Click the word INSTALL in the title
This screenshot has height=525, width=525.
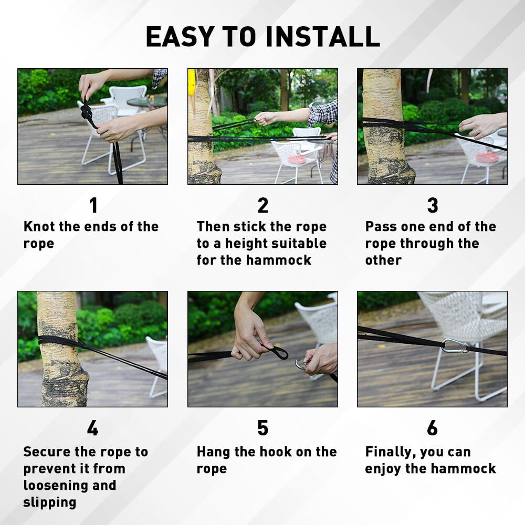pos(323,37)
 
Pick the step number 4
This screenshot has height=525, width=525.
pos(92,428)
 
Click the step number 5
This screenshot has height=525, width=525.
pos(263,428)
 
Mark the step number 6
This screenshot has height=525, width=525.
pos(432,428)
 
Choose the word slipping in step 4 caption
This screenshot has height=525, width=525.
pos(49,502)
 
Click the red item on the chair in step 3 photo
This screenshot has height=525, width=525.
pos(487,156)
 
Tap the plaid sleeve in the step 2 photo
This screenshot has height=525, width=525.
pos(322,113)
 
